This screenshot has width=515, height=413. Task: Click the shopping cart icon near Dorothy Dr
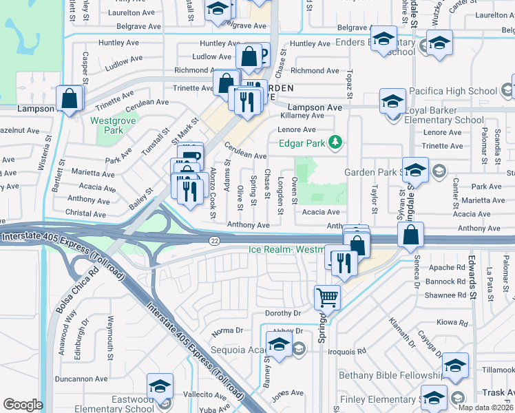click(326, 297)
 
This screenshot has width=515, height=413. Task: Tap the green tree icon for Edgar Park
click(335, 142)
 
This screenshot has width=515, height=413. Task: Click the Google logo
click(23, 404)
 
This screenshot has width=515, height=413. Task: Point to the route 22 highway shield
click(214, 239)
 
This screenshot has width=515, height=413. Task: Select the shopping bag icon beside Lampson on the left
click(70, 98)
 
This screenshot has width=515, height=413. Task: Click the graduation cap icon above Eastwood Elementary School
click(160, 385)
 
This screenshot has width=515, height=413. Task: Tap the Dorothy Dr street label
click(284, 313)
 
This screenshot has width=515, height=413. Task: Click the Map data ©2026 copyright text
click(485, 407)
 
